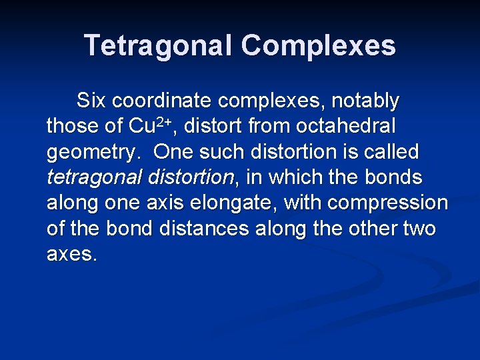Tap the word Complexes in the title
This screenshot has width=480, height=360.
click(318, 45)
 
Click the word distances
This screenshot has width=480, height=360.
click(207, 229)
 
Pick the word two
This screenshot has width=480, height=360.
click(419, 229)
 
